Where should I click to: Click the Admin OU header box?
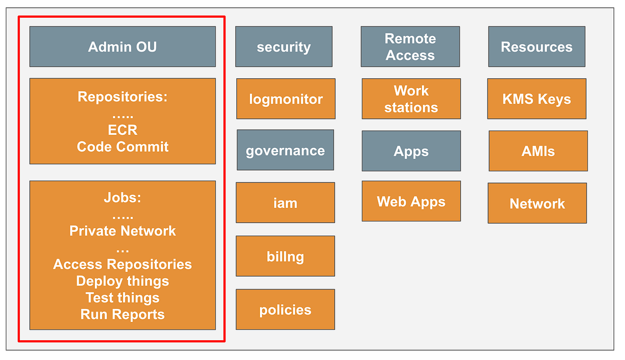[x=122, y=47]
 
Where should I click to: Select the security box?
[x=284, y=47]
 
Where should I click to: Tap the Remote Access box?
[x=410, y=47]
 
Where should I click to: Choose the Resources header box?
[x=536, y=47]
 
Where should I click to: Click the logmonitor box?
[x=286, y=99]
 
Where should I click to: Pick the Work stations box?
[x=411, y=99]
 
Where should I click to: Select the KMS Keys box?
[x=536, y=99]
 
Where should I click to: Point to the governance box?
[x=285, y=151]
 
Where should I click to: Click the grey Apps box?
[x=411, y=151]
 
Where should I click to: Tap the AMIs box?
[x=538, y=151]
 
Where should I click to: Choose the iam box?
[x=285, y=203]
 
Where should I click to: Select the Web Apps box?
[x=411, y=201]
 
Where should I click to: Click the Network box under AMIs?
[x=537, y=203]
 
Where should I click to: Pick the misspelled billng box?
[x=285, y=256]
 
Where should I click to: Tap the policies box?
[x=285, y=310]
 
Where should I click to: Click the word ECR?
[x=122, y=130]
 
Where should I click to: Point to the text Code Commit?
[x=122, y=147]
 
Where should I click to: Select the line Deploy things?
[x=122, y=281]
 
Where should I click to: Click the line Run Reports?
[x=122, y=315]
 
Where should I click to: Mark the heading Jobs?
[x=122, y=198]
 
